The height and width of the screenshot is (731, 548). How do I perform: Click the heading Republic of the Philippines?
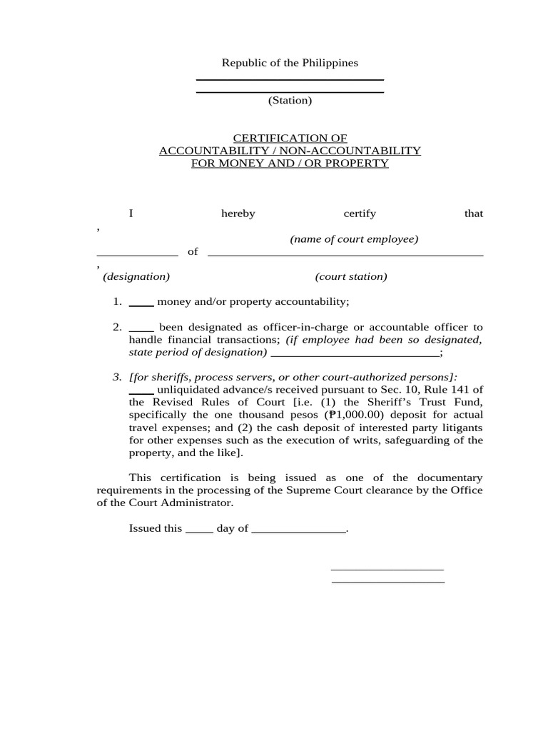(290, 63)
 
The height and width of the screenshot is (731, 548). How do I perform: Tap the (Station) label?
(290, 101)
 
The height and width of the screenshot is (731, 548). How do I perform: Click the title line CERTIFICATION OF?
(290, 138)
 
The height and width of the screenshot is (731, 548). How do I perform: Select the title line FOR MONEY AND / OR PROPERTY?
(290, 163)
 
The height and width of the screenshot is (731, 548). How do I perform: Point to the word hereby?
(238, 213)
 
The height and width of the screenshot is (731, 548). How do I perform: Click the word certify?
(360, 213)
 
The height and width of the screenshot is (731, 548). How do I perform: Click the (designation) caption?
(136, 276)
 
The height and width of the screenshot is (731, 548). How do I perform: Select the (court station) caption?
(351, 276)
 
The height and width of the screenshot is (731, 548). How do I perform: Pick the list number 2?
(117, 327)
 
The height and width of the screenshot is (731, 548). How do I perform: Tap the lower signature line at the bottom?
(388, 583)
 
